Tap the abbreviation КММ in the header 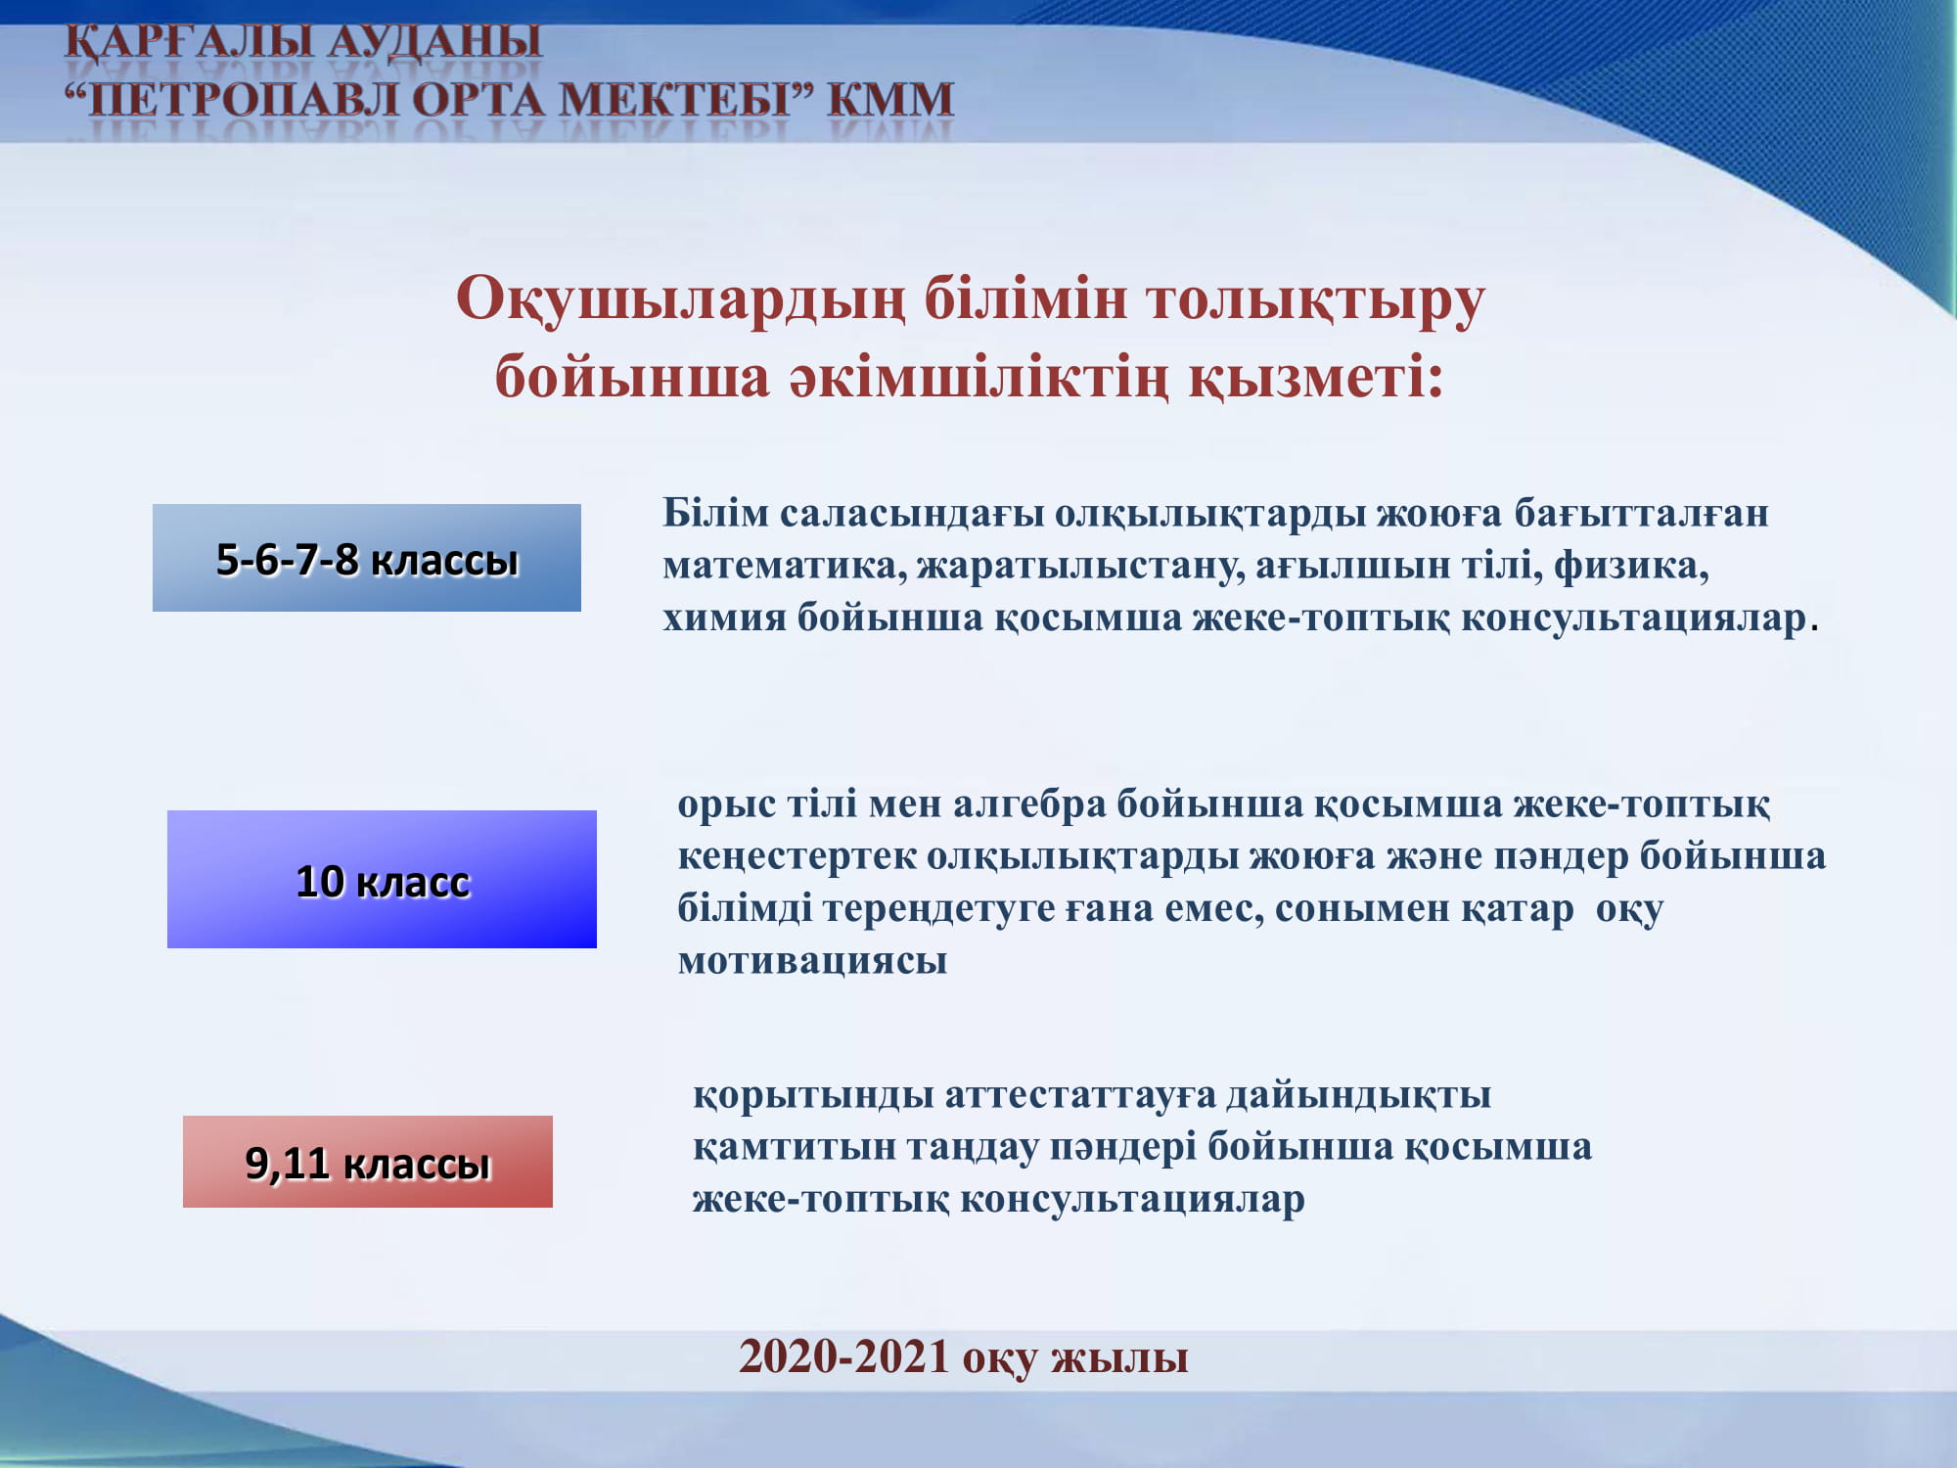click(x=890, y=100)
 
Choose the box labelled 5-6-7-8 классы click(x=367, y=558)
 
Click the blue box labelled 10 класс click(x=382, y=879)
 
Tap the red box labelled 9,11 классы click(x=368, y=1162)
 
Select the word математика click(x=785, y=566)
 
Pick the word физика click(x=1630, y=566)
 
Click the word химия click(x=724, y=619)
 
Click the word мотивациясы click(x=812, y=961)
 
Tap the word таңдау click(x=973, y=1148)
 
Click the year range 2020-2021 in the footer click(x=844, y=1356)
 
